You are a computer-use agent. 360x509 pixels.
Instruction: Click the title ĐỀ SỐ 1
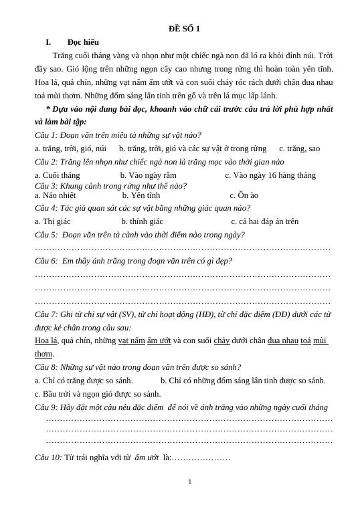coord(184,29)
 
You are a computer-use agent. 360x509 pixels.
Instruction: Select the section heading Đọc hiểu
coord(83,42)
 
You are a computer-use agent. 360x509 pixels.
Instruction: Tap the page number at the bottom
coord(190,482)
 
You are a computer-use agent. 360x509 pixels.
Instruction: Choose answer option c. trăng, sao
coord(299,148)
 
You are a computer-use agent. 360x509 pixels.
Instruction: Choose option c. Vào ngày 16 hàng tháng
coord(270,175)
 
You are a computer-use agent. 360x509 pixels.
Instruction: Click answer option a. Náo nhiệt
coord(55,195)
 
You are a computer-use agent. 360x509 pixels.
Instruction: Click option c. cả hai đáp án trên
coord(264,221)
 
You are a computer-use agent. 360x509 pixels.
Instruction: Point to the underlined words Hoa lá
coord(46,340)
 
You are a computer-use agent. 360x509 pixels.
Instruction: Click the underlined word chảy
coord(221,340)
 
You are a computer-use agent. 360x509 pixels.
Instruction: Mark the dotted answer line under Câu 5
coord(182,249)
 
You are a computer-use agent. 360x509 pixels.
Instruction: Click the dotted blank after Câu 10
coord(201,458)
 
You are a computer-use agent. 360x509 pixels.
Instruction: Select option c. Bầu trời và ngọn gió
coord(98,394)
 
